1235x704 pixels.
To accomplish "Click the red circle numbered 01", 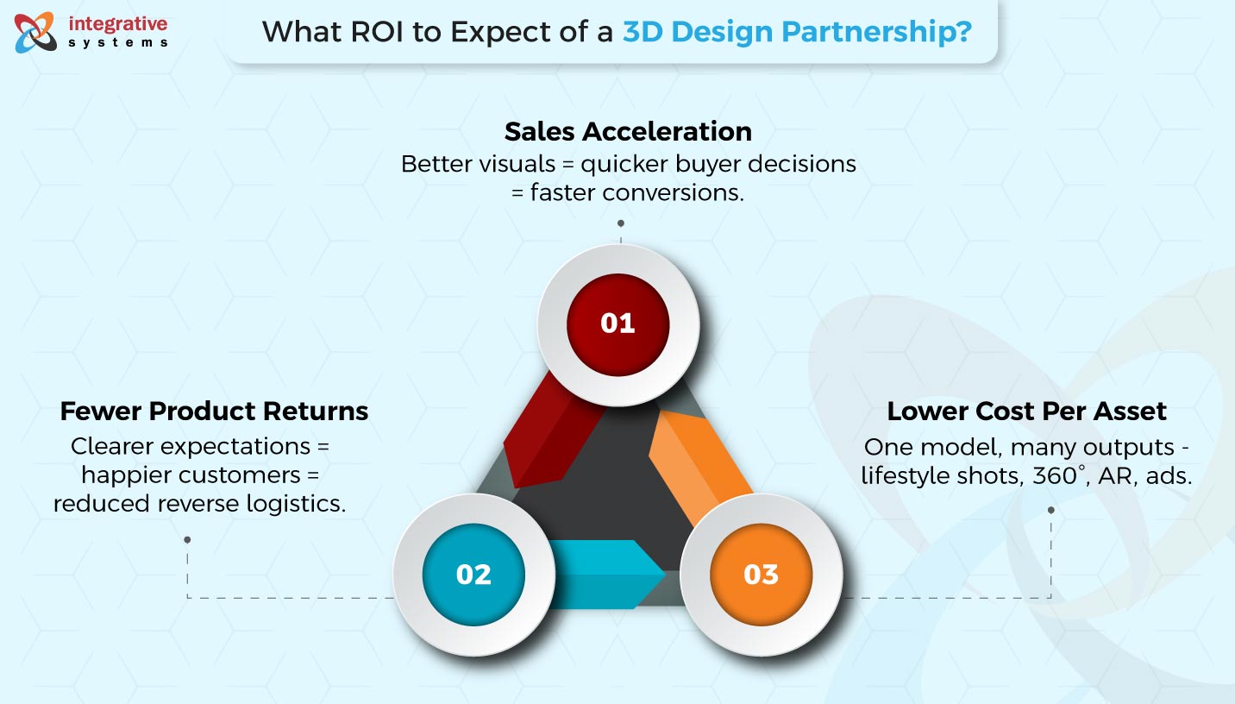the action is tap(618, 324).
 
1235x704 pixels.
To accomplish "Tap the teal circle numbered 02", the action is tap(473, 575).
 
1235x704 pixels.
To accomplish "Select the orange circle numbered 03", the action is tap(762, 575).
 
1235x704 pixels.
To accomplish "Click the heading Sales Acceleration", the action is tap(628, 131).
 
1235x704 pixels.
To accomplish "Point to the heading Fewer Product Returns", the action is tap(214, 411).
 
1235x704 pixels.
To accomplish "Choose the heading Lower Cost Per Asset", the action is tap(1026, 411).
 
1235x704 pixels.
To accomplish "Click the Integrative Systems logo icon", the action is tap(35, 33).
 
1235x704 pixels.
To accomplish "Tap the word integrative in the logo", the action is tap(118, 23).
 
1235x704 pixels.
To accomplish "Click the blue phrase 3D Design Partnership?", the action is tap(797, 31).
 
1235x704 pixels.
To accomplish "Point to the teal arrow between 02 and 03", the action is tap(606, 575).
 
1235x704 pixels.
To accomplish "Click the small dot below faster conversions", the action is tap(621, 223).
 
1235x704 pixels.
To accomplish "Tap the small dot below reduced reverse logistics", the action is tap(187, 539).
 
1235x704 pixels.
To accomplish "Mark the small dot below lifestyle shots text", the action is tap(1050, 511).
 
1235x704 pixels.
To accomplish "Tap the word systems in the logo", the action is tap(118, 43).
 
